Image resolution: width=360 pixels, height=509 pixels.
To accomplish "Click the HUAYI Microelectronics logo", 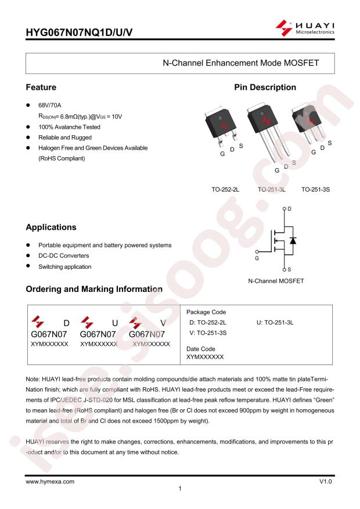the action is (305, 28).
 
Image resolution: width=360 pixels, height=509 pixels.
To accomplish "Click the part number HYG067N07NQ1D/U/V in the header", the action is (79, 33).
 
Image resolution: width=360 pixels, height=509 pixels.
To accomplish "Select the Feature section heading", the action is (41, 87).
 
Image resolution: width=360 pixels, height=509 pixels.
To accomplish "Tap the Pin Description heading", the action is (265, 87).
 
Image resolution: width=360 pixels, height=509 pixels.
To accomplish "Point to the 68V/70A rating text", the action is (50, 105).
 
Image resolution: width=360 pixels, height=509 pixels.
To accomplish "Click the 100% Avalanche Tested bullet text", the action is (69, 127).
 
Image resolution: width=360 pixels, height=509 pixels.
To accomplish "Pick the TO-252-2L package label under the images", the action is (225, 190).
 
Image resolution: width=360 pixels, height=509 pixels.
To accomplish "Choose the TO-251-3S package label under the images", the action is (315, 190).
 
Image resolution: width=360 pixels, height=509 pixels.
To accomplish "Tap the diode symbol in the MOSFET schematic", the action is (293, 240).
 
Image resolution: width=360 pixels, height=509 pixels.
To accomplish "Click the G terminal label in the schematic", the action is (257, 258).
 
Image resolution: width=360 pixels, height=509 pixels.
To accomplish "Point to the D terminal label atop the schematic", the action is (289, 209).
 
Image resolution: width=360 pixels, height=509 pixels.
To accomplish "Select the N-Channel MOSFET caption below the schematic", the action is (276, 281).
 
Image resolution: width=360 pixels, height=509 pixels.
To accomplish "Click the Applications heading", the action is (51, 228).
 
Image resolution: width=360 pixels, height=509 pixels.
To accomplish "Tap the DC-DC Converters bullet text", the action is (64, 256).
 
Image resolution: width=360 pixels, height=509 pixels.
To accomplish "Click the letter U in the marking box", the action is (115, 323).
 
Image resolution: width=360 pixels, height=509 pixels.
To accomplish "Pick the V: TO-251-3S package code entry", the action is (208, 333).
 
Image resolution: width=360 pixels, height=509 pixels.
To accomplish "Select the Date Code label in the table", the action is (201, 349).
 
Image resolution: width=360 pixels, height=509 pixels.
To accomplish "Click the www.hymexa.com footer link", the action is (50, 482).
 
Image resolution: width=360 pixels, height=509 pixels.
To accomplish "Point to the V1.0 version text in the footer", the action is (326, 482).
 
